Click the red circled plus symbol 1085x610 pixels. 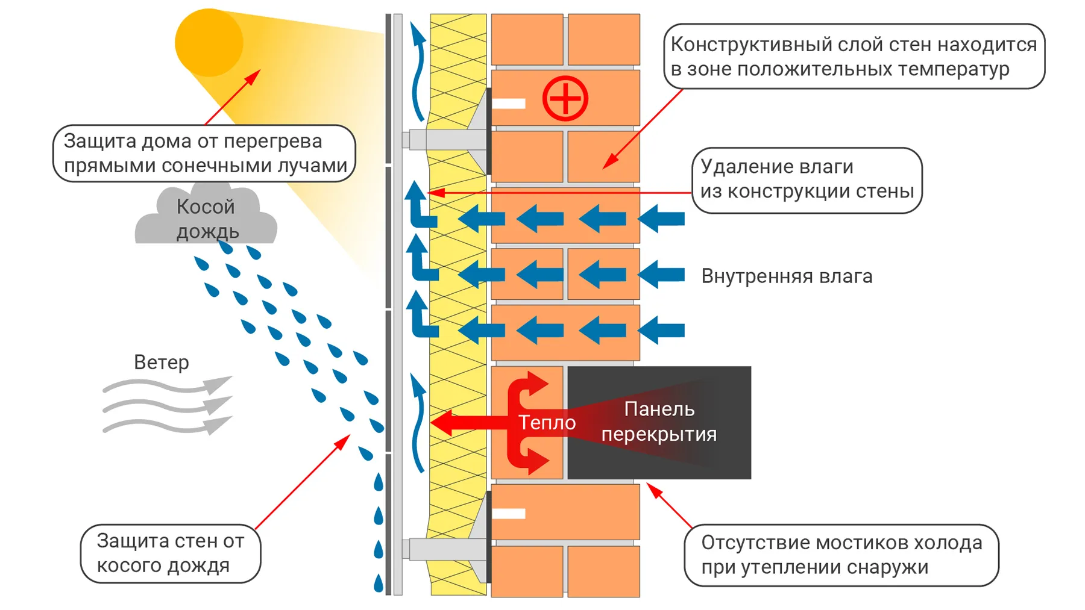pyautogui.click(x=565, y=98)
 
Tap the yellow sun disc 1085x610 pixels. pyautogui.click(x=209, y=43)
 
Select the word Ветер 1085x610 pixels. pyautogui.click(x=161, y=363)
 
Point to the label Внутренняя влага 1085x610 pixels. pyautogui.click(x=787, y=276)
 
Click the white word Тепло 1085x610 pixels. pyautogui.click(x=547, y=423)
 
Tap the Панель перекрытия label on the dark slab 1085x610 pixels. pyautogui.click(x=659, y=422)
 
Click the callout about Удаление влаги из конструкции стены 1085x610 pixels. pyautogui.click(x=807, y=179)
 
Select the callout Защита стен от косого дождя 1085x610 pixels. pyautogui.click(x=171, y=553)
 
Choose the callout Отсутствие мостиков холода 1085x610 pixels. pyautogui.click(x=841, y=555)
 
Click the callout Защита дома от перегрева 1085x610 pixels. pyautogui.click(x=205, y=153)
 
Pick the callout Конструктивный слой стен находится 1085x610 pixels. pyautogui.click(x=854, y=57)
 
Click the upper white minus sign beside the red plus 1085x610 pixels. pyautogui.click(x=509, y=104)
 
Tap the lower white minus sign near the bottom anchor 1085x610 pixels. pyautogui.click(x=509, y=514)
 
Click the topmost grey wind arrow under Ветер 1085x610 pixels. pyautogui.click(x=169, y=386)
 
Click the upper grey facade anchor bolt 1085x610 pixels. pyautogui.click(x=446, y=140)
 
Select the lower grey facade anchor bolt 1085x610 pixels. pyautogui.click(x=446, y=549)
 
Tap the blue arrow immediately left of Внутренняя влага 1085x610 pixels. pyautogui.click(x=662, y=275)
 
